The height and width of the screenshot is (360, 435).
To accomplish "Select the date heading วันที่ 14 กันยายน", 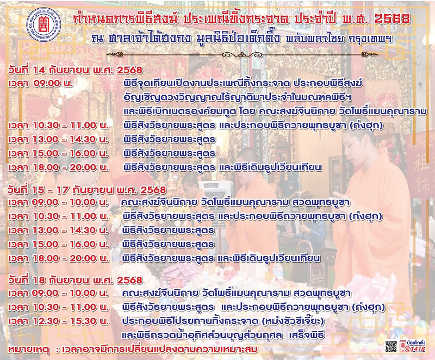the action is pos(75,70).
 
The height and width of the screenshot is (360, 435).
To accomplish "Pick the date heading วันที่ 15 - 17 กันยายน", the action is pos(87,190).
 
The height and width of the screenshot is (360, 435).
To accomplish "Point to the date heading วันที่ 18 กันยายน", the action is pos(75,280).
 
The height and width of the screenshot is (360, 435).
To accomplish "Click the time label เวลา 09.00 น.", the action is pos(40,83).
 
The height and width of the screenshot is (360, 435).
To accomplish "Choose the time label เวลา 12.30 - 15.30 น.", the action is pos(58,321).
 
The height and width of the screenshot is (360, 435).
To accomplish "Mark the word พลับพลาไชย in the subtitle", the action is pos(315,39).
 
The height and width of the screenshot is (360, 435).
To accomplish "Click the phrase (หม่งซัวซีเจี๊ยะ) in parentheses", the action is pos(293,321).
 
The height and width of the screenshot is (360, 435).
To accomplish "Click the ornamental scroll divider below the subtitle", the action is pos(243,54).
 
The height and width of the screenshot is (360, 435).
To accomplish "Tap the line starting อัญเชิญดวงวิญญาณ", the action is pos(238,98).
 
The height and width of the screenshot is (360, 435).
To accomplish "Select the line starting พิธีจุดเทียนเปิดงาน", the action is pos(243,83).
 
